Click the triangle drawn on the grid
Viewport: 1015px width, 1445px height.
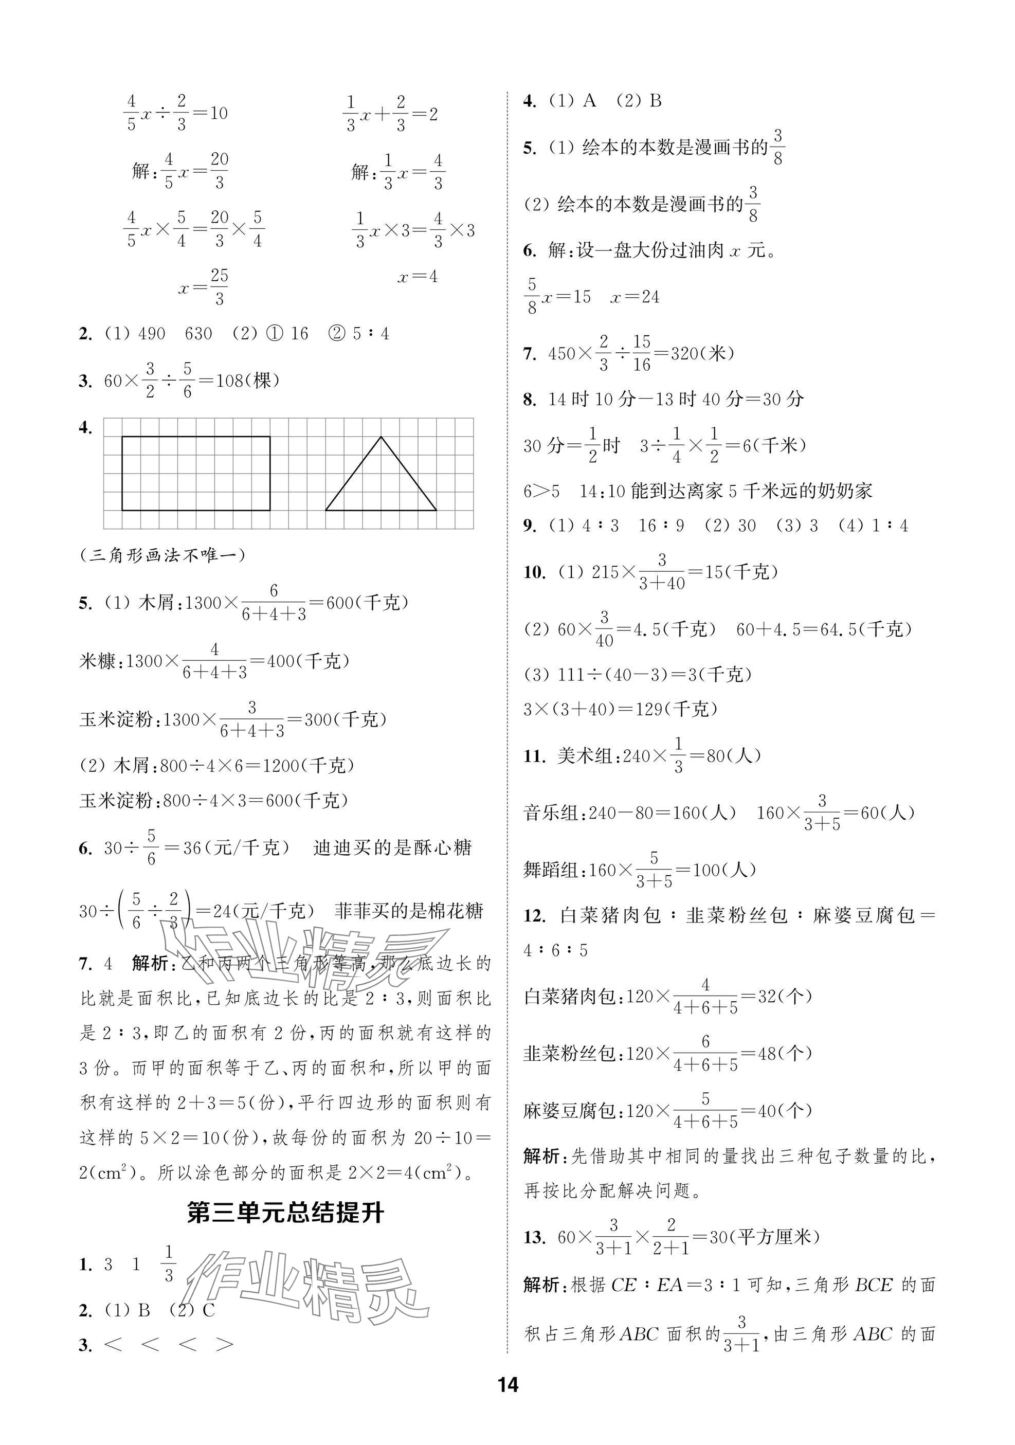tap(380, 478)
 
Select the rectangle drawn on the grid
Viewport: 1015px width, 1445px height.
tap(196, 473)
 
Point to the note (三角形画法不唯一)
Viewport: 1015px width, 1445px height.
tap(163, 555)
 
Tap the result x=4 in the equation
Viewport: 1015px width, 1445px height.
tap(417, 276)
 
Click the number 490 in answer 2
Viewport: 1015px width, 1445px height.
tap(152, 334)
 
